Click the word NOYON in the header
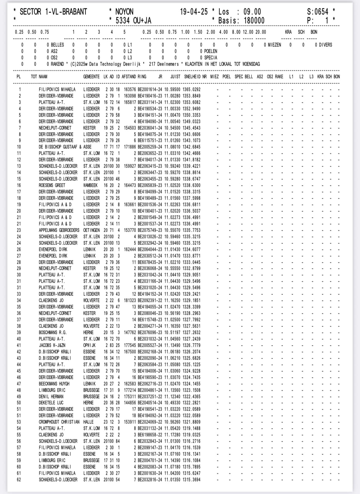pyautogui.click(x=124, y=12)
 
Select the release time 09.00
pyautogui.click(x=252, y=12)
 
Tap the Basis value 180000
pyautogui.click(x=254, y=21)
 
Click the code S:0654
pyautogui.click(x=318, y=12)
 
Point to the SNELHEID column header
pyautogui.click(x=192, y=77)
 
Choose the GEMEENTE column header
pyautogui.click(x=91, y=77)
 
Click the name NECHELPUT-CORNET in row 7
pyautogui.click(x=55, y=128)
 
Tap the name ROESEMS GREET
pyautogui.click(x=52, y=185)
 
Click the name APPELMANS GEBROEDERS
pyautogui.click(x=59, y=230)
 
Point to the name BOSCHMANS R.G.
pyautogui.click(x=53, y=332)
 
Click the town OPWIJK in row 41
pyautogui.click(x=89, y=345)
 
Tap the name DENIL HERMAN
pyautogui.click(x=51, y=397)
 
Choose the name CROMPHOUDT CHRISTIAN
pyautogui.click(x=59, y=422)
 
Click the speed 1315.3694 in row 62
pyautogui.click(x=191, y=480)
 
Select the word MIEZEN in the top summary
pyautogui.click(x=274, y=45)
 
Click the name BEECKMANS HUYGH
pyautogui.click(x=54, y=384)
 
